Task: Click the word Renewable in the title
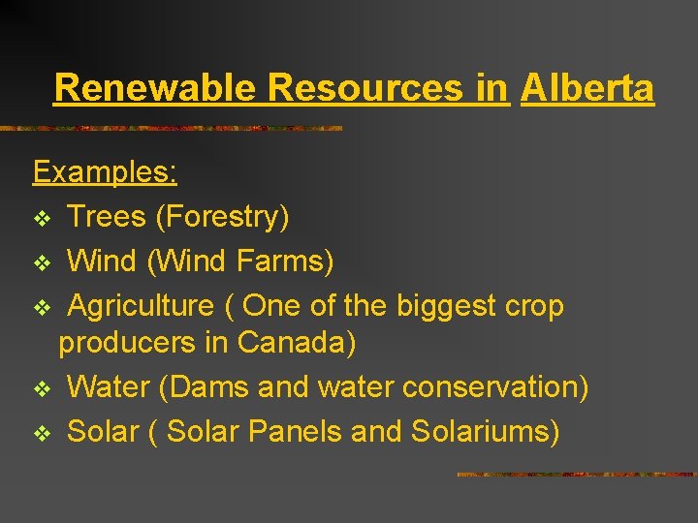click(x=156, y=88)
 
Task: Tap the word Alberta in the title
click(x=587, y=88)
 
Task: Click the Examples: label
click(x=105, y=172)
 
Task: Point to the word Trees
click(x=106, y=217)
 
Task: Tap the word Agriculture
click(x=141, y=306)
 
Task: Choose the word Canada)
click(x=297, y=343)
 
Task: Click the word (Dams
click(x=202, y=387)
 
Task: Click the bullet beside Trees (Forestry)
click(x=42, y=219)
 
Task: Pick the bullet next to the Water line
click(x=42, y=389)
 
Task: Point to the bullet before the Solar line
click(x=42, y=433)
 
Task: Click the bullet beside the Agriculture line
click(x=42, y=308)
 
